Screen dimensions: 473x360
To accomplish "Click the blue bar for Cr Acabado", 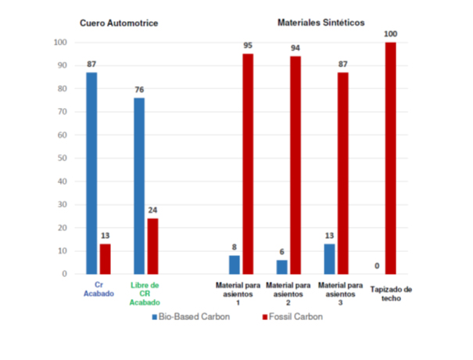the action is click(x=91, y=173).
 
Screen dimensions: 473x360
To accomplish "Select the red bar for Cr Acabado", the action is click(x=106, y=259).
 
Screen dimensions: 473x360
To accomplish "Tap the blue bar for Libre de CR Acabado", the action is click(x=139, y=185).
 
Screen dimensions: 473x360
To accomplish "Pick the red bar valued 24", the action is click(x=152, y=247).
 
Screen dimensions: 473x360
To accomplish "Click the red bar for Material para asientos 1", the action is click(x=248, y=164).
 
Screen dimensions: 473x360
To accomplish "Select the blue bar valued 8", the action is click(x=235, y=265).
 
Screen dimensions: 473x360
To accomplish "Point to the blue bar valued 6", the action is click(x=282, y=267).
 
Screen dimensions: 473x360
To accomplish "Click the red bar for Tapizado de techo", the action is click(x=391, y=158).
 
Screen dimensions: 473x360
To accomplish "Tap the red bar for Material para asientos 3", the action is click(x=343, y=173).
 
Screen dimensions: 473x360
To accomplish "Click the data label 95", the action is click(x=248, y=45).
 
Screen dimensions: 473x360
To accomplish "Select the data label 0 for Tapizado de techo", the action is click(x=377, y=266).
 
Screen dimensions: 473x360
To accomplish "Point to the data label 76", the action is click(x=139, y=90).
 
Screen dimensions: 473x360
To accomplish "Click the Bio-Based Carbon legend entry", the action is click(x=191, y=316).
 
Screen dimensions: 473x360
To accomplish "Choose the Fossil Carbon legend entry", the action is click(x=292, y=316).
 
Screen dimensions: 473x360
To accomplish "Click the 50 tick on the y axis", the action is click(x=63, y=158).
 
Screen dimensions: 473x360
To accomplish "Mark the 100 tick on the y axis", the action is click(x=60, y=42).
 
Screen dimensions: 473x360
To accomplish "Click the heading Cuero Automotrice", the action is click(x=119, y=23).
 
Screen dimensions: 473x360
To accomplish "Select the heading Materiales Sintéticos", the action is click(x=321, y=23).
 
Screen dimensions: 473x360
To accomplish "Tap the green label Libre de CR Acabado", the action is click(x=145, y=293).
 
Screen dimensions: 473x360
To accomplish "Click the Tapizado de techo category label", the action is click(x=391, y=293).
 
